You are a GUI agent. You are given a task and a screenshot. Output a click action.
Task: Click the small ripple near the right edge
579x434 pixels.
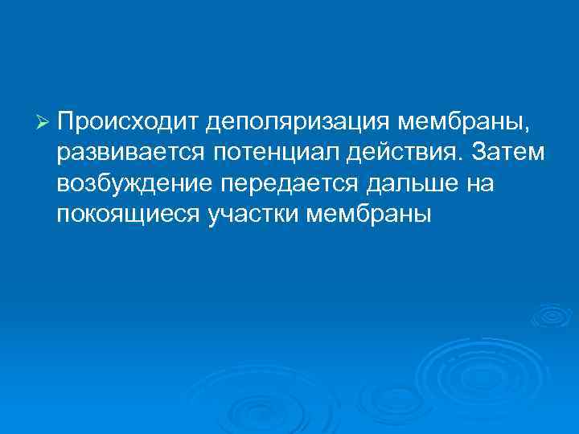point(551,316)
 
